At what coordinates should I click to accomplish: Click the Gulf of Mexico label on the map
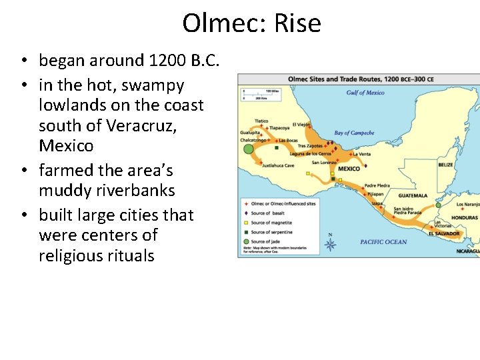(x=365, y=93)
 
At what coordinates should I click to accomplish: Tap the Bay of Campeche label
(x=354, y=133)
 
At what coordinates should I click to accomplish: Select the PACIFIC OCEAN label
(x=383, y=242)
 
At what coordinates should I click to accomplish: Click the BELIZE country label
(x=445, y=165)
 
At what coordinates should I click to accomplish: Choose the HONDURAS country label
(x=464, y=218)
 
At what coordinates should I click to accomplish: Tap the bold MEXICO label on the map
(x=349, y=169)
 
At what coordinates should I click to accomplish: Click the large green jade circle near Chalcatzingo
(x=249, y=149)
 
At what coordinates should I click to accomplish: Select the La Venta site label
(x=363, y=154)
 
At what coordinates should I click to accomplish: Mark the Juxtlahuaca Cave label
(x=278, y=165)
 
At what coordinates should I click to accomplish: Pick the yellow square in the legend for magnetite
(x=246, y=223)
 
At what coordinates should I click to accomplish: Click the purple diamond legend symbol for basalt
(x=246, y=213)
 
